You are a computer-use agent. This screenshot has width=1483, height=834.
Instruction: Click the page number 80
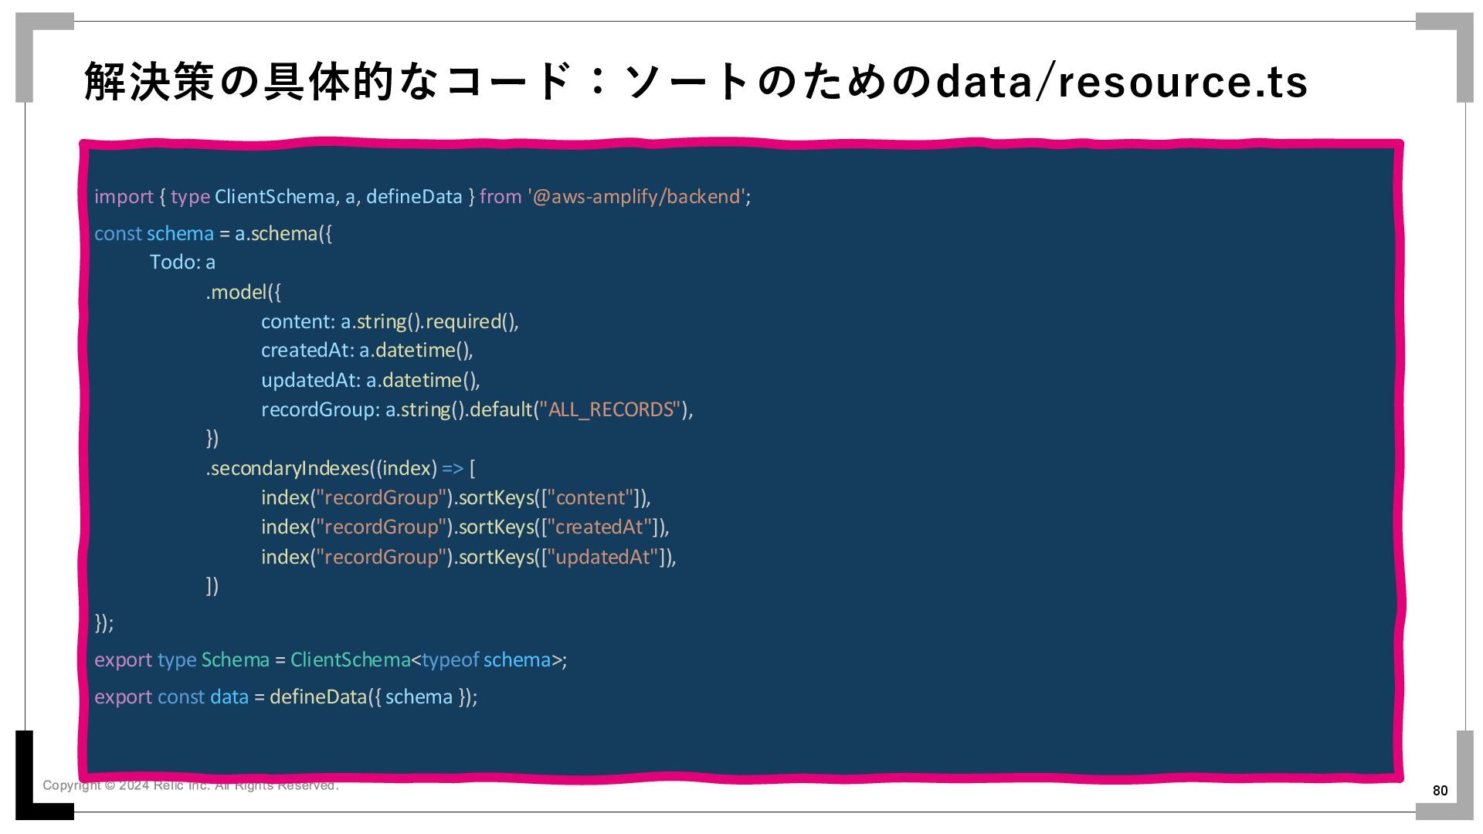pos(1440,790)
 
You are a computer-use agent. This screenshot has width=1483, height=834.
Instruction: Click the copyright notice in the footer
pos(190,785)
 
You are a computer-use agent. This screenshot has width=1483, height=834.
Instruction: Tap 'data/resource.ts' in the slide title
pos(1121,82)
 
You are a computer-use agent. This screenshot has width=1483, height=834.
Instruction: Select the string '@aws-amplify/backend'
pos(637,197)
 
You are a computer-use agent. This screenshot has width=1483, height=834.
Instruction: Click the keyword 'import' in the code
pos(124,197)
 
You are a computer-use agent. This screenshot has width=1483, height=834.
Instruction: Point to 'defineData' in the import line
pos(414,197)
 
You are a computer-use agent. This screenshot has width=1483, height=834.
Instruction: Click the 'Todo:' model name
pos(175,263)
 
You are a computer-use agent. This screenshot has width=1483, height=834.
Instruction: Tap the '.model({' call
pos(243,293)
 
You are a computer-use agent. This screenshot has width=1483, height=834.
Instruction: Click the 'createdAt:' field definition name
pos(307,351)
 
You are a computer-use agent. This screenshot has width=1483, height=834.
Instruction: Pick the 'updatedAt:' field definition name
pos(311,381)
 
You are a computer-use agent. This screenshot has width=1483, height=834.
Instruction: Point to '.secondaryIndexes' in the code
pos(287,469)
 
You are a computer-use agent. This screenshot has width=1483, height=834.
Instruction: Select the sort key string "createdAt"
pos(603,527)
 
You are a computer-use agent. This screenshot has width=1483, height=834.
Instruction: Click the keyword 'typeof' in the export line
pos(450,660)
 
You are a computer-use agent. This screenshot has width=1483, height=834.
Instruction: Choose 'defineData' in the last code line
pos(317,697)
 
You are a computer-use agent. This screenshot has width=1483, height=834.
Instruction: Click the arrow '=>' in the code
pos(453,469)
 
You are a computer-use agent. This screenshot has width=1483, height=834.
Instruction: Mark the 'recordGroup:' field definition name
pos(321,409)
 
